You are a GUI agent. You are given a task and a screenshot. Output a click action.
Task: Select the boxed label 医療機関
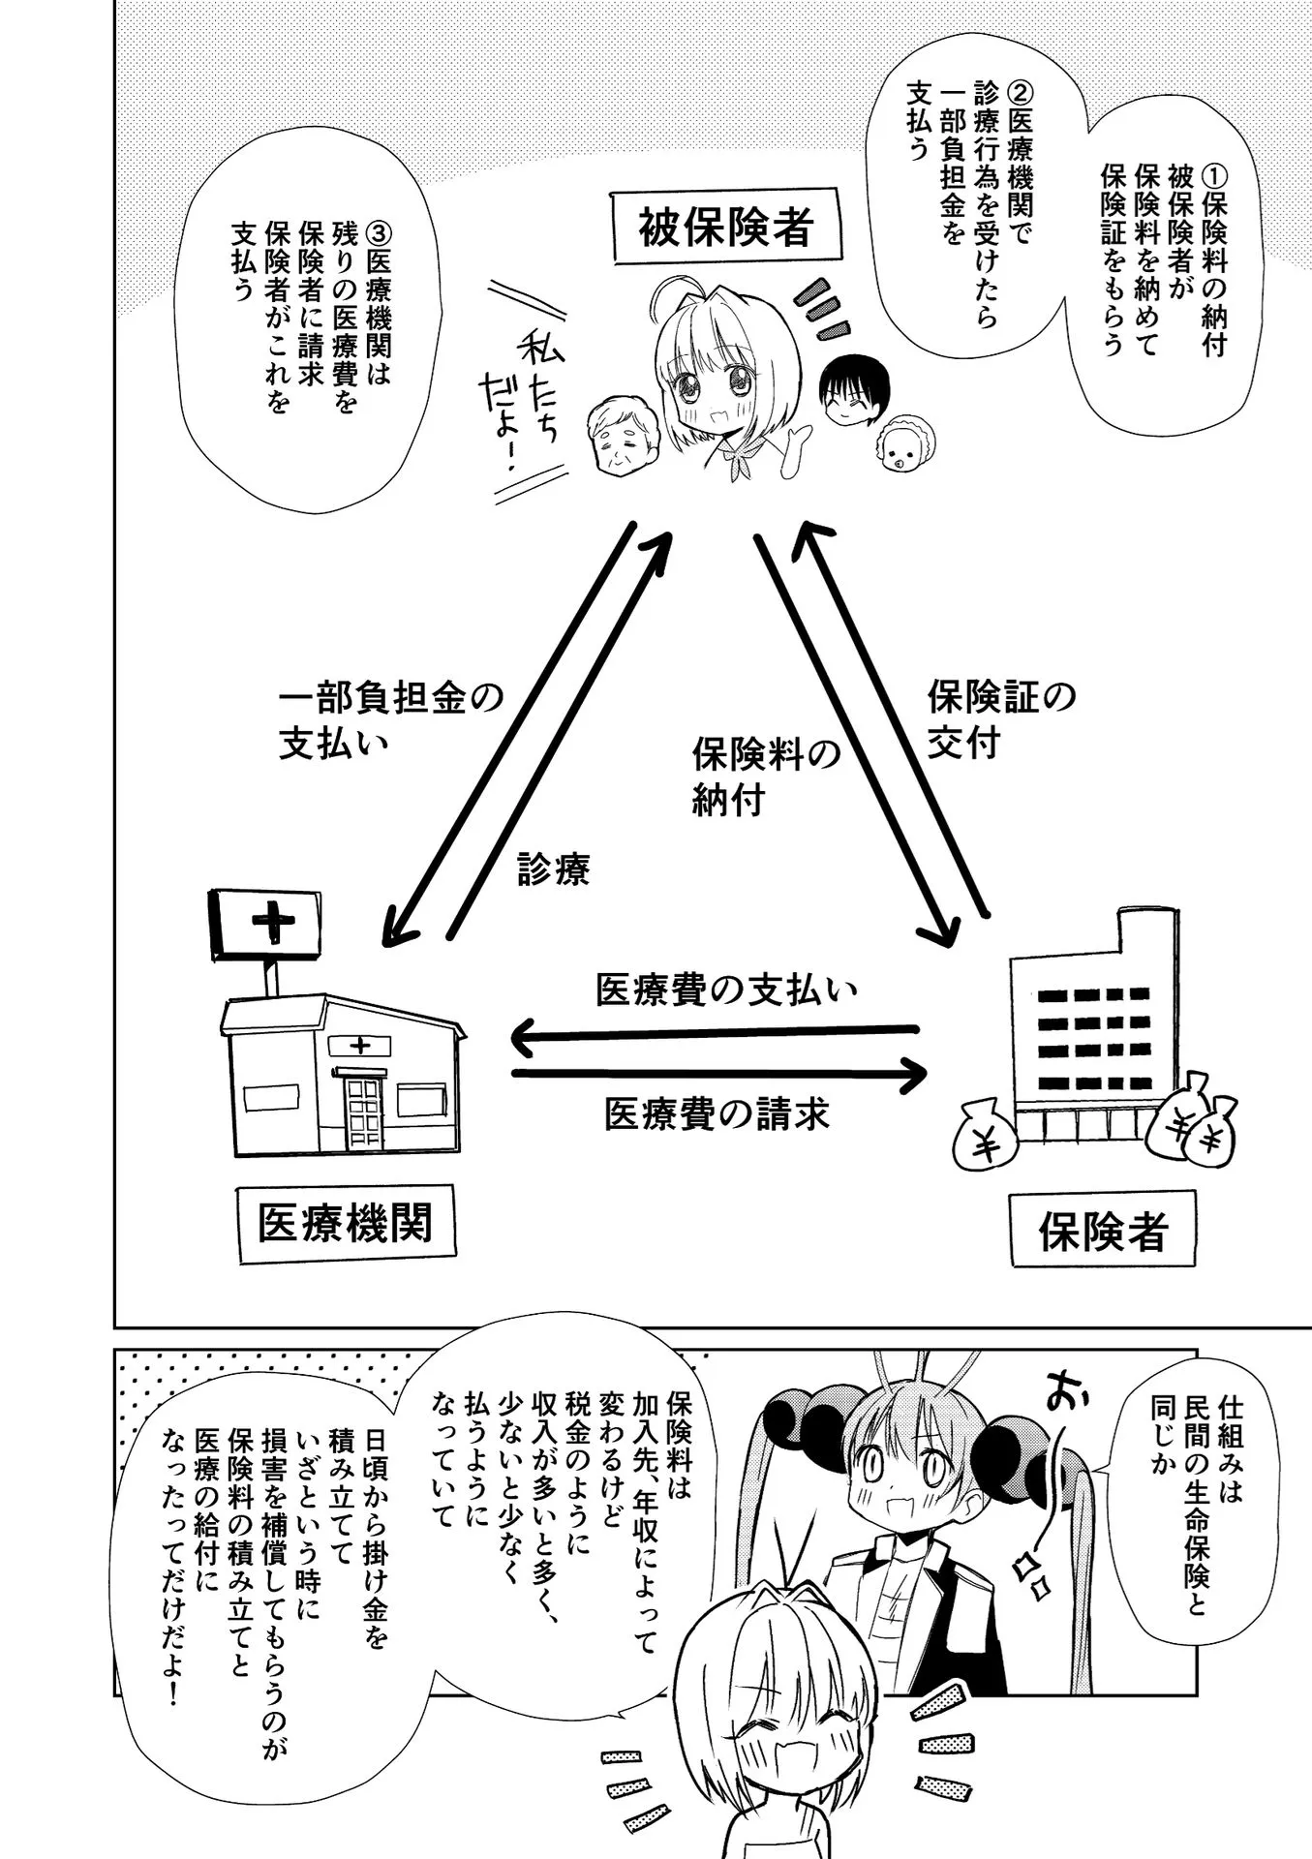click(346, 1223)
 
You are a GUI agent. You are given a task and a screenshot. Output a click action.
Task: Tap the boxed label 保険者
click(1102, 1231)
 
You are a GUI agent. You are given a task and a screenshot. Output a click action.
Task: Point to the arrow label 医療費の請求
click(717, 1113)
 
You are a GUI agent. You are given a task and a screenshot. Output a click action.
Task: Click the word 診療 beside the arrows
click(553, 869)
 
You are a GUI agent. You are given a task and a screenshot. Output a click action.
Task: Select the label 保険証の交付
click(1000, 719)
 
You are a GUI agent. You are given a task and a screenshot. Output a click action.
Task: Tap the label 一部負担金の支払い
click(390, 719)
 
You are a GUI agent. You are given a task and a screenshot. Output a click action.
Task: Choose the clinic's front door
click(364, 1111)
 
